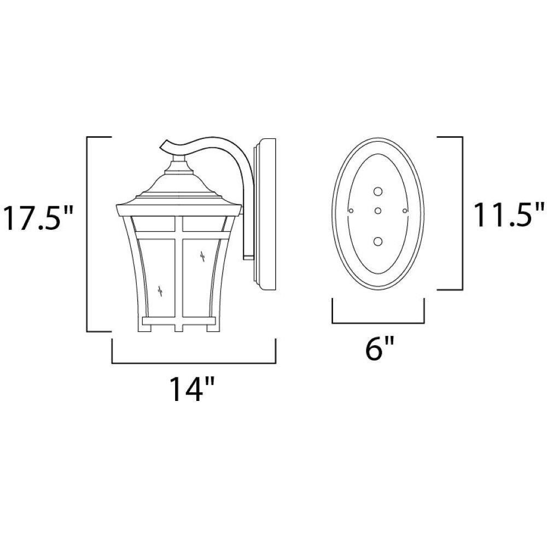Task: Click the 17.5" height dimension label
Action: tap(38, 219)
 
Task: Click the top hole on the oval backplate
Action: tap(378, 191)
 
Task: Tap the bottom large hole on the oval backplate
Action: tap(378, 241)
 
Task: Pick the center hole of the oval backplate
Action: tap(378, 211)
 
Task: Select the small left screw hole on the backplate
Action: tap(351, 211)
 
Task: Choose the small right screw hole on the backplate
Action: tap(405, 211)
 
